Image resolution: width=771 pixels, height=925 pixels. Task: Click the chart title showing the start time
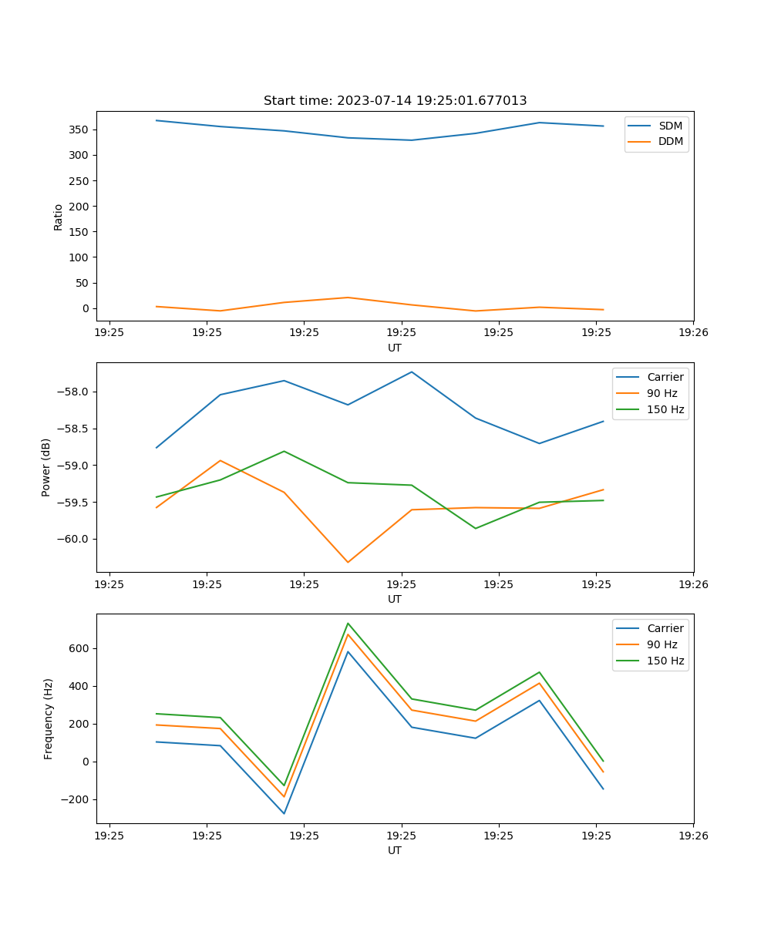click(x=395, y=101)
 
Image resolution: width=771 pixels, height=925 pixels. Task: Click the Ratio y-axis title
click(x=59, y=217)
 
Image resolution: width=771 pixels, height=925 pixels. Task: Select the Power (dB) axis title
click(x=46, y=467)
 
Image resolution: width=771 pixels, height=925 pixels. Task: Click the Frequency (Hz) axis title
click(x=48, y=718)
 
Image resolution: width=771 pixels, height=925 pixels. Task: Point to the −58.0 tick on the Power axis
click(x=74, y=392)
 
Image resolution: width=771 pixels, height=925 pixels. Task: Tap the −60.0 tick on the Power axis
click(x=74, y=540)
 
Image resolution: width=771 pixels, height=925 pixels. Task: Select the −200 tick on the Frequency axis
click(x=76, y=799)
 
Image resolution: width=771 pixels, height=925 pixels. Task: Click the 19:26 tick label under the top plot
click(x=693, y=333)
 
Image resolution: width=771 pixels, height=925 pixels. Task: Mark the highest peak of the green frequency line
click(x=348, y=623)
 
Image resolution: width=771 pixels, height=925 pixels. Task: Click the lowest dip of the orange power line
click(x=348, y=562)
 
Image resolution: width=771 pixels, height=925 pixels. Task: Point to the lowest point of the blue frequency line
click(x=284, y=813)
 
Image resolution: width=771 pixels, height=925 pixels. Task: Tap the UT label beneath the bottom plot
click(x=395, y=850)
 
